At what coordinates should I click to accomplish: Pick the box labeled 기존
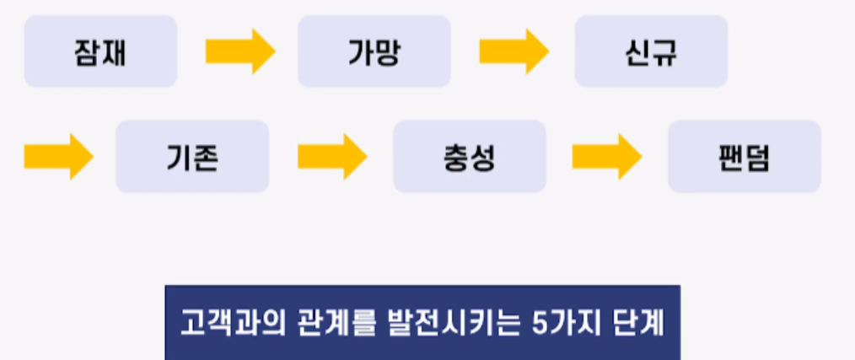pos(192,157)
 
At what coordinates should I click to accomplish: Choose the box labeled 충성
pos(470,157)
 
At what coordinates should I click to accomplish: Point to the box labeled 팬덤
pos(745,157)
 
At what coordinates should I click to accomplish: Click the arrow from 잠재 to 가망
pos(239,51)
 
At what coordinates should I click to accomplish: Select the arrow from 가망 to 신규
pos(514,51)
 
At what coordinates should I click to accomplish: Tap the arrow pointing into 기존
pos(57,157)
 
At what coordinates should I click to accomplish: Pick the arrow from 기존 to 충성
pos(331,157)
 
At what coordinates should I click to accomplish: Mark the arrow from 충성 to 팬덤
pos(606,157)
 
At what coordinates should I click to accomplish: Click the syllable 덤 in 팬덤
pos(758,157)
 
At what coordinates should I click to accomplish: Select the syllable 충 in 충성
pos(456,157)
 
